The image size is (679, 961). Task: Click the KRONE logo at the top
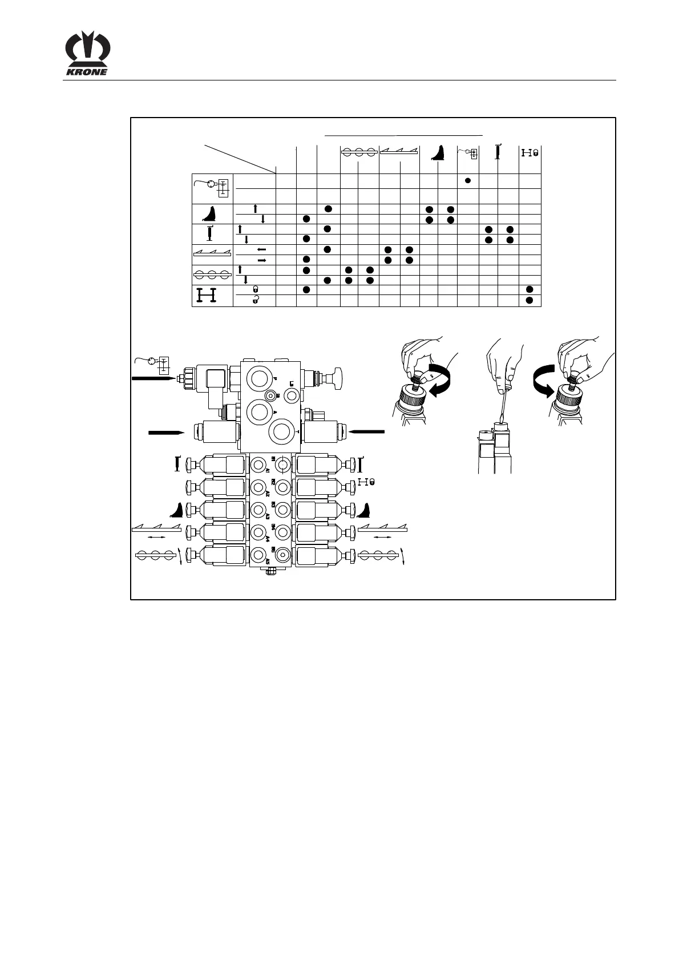[87, 55]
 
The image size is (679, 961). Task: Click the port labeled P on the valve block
[260, 378]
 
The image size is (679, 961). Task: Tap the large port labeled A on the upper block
[260, 411]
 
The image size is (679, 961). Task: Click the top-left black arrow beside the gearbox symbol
[152, 378]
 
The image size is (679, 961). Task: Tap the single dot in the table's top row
[467, 180]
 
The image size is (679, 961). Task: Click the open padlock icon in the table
[255, 299]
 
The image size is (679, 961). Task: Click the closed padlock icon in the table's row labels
[255, 289]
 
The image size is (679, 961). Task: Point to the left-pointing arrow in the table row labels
[262, 249]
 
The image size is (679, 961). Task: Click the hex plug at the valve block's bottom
[270, 570]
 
